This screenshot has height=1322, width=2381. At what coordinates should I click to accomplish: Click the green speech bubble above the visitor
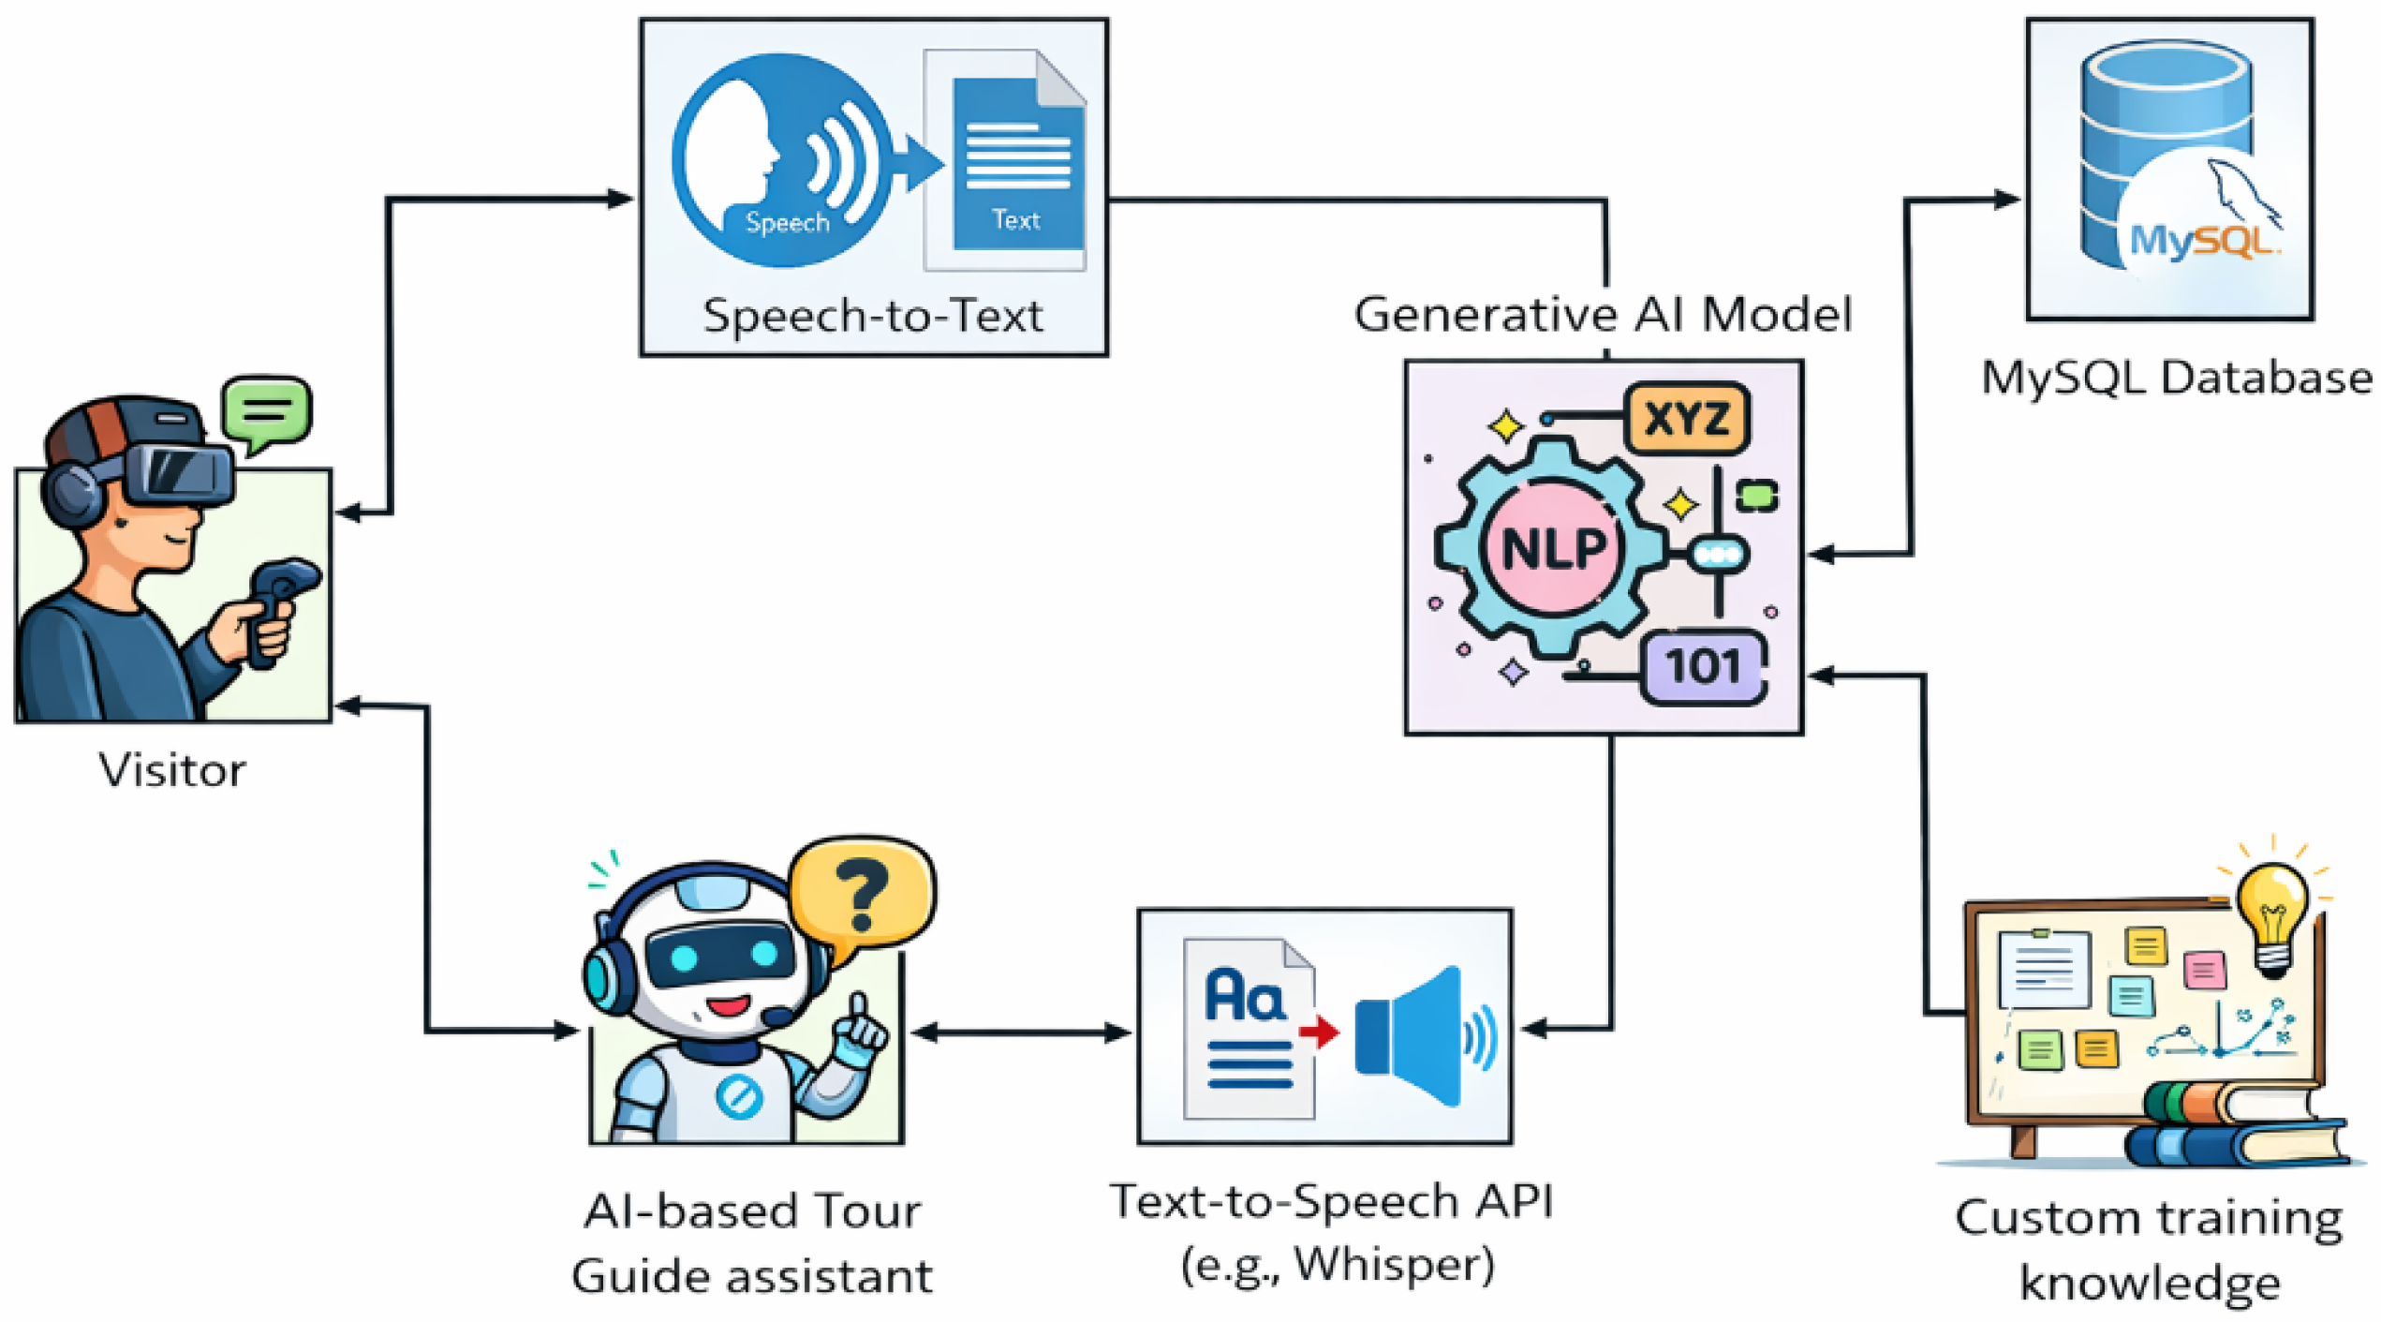point(267,413)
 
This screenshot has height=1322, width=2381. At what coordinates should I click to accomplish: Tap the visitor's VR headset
point(178,473)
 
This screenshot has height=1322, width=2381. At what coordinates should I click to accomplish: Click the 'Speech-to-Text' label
point(872,316)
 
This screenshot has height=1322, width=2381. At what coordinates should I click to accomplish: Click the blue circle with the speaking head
point(782,160)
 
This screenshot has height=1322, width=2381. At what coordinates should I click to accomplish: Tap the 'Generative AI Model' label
point(1603,314)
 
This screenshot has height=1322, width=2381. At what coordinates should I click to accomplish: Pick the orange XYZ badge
point(1687,418)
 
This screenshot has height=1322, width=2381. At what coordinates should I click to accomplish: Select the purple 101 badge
point(1704,667)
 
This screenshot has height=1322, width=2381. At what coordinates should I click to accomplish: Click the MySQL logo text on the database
point(2200,241)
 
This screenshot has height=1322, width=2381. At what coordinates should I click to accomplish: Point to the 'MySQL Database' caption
point(2177,379)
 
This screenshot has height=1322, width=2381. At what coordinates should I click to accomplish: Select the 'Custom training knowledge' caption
point(2150,1250)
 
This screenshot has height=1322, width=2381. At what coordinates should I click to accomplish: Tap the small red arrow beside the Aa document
point(1320,1032)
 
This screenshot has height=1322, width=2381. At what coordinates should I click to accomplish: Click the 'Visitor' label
point(172,770)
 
